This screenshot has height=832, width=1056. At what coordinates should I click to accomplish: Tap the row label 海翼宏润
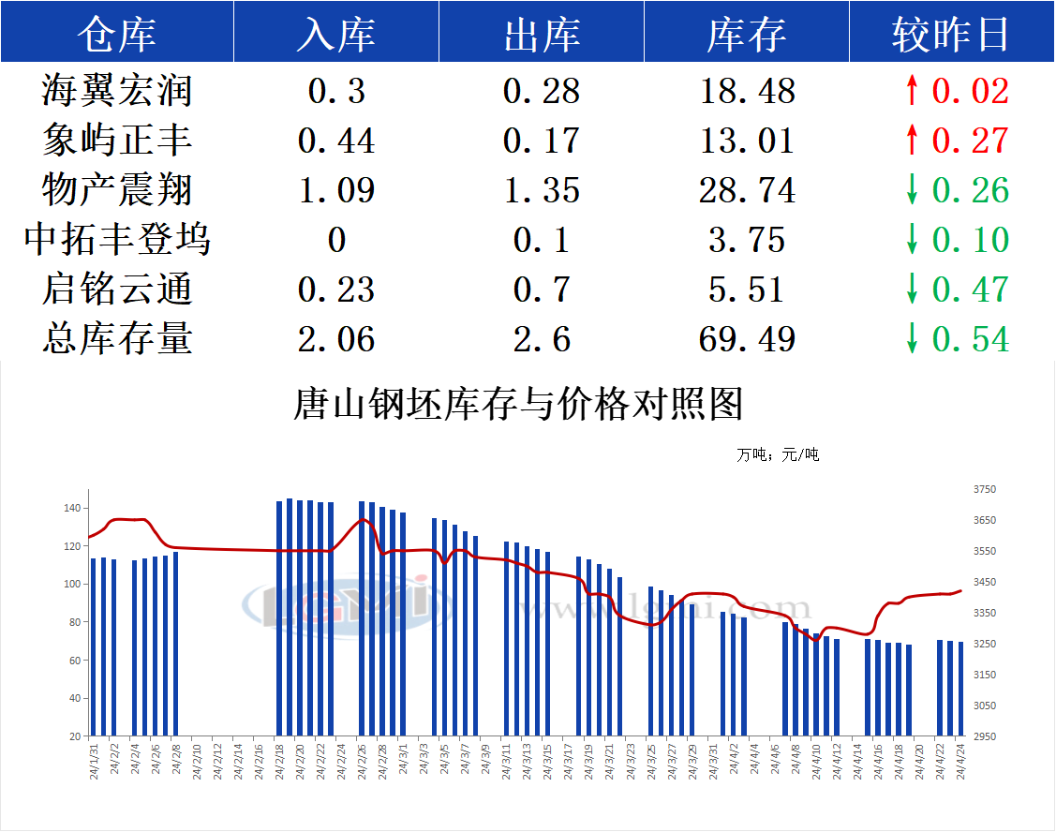coord(116,91)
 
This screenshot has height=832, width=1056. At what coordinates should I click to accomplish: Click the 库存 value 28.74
coord(747,190)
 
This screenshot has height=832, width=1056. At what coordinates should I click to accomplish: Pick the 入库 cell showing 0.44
coord(335,141)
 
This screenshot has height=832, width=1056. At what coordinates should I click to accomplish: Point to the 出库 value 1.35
coord(542,190)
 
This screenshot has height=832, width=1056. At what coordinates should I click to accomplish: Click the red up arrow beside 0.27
coord(912,141)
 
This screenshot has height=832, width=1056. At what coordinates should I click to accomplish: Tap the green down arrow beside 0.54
coord(912,339)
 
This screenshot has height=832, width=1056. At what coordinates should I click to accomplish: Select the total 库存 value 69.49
coord(747,339)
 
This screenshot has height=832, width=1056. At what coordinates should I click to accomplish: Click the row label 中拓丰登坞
coord(116,240)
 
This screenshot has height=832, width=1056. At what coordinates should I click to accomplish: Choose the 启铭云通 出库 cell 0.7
coord(542,290)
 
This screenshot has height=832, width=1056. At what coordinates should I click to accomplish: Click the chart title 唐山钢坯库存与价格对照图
coord(518,404)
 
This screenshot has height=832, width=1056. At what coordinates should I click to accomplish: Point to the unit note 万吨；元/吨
coord(778,455)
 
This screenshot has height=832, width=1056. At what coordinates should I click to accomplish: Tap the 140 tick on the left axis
coord(73,508)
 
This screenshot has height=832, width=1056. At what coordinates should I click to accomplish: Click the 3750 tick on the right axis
coord(985,489)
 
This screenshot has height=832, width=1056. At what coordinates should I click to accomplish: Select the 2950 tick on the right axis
coord(985,736)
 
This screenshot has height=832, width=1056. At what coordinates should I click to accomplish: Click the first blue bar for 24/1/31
coord(94,646)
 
